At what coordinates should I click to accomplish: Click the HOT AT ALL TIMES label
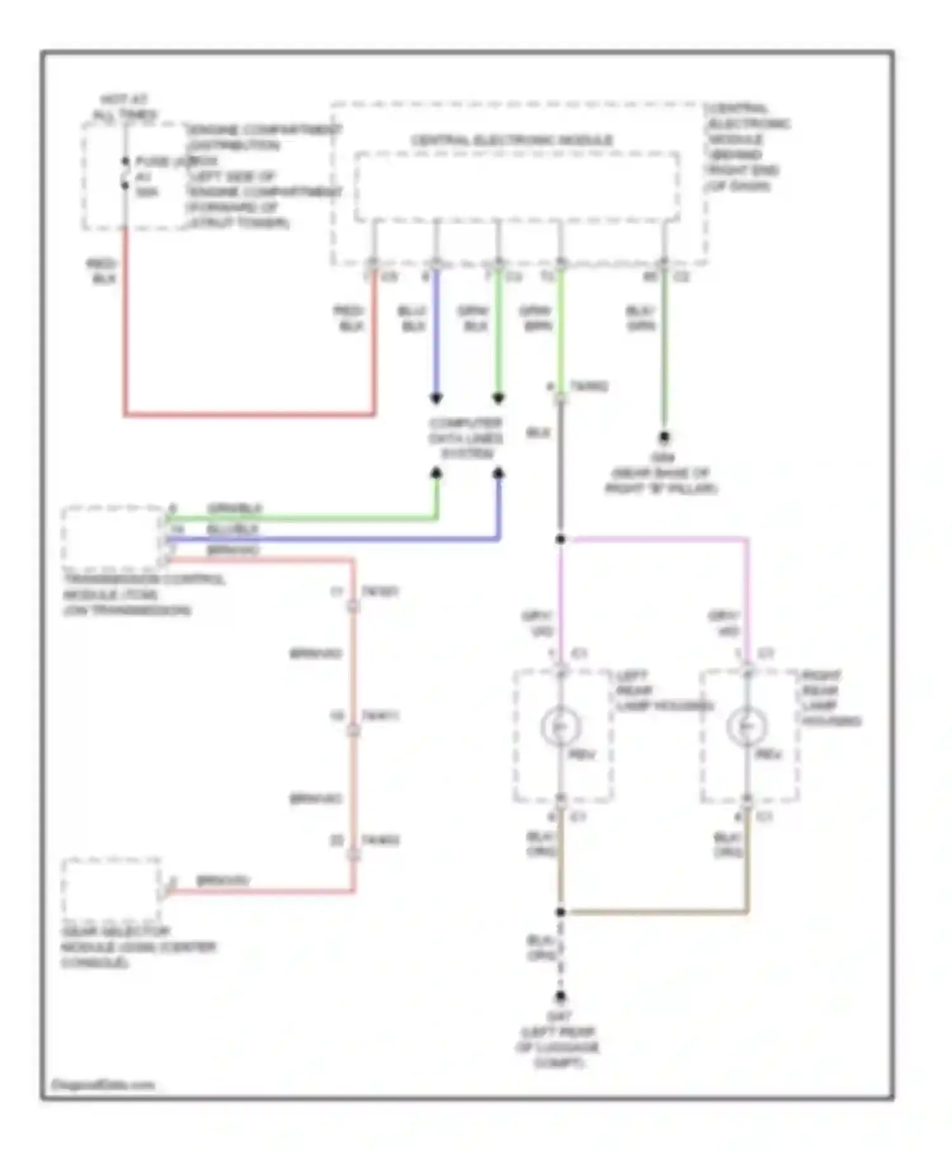click(124, 107)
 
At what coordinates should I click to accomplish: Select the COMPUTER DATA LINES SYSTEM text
click(466, 438)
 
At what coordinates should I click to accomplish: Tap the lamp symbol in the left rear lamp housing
click(560, 726)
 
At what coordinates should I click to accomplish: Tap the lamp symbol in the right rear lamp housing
click(747, 726)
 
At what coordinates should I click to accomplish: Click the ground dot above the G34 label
click(664, 437)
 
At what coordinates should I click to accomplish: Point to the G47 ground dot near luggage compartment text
click(560, 996)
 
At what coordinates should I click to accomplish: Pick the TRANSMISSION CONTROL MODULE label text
click(143, 595)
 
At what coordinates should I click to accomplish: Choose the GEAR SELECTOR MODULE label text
click(138, 947)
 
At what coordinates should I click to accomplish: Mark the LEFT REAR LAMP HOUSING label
click(663, 690)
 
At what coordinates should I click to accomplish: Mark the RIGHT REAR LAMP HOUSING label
click(830, 698)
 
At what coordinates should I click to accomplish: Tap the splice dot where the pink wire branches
click(560, 539)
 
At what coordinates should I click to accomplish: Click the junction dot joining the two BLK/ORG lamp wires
click(560, 912)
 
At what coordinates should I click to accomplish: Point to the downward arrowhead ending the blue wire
click(436, 398)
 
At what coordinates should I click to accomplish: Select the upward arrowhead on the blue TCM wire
click(498, 473)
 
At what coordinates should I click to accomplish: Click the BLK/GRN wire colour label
click(641, 318)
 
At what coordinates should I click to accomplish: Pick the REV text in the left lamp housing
click(582, 754)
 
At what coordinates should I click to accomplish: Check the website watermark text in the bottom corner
click(103, 1085)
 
